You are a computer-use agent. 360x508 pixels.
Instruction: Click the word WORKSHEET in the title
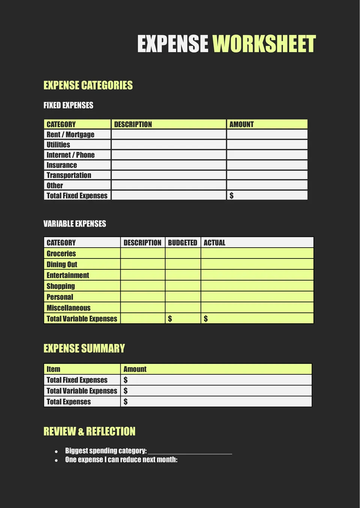click(264, 44)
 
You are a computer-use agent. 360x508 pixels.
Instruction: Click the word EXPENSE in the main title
click(172, 44)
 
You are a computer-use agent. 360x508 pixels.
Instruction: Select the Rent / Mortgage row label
click(70, 134)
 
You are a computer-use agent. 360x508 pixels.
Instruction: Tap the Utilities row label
click(58, 145)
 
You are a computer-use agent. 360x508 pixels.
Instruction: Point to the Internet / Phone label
click(70, 155)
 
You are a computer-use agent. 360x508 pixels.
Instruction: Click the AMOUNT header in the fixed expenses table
click(241, 124)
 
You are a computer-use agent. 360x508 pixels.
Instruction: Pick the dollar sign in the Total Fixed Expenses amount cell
click(231, 196)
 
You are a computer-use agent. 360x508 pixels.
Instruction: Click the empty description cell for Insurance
click(169, 165)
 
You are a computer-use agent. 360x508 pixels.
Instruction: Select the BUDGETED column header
click(183, 243)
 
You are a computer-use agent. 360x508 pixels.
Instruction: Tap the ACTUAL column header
click(214, 243)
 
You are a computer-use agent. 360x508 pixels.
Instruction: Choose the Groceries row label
click(61, 254)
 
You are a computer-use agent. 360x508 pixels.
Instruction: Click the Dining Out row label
click(62, 264)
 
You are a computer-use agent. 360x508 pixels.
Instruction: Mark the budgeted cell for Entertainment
click(183, 275)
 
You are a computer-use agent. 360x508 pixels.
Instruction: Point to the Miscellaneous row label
click(69, 308)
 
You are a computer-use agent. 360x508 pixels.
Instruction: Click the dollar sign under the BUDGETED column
click(170, 319)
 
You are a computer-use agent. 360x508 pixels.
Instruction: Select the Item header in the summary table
click(53, 369)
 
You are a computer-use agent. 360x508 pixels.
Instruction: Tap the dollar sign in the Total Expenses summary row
click(126, 402)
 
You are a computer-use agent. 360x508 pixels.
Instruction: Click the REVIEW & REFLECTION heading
click(89, 431)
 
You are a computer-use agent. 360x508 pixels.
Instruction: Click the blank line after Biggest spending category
click(190, 451)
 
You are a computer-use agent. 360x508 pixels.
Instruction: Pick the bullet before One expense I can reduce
click(56, 460)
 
